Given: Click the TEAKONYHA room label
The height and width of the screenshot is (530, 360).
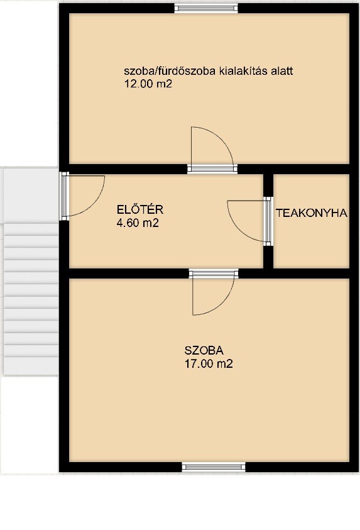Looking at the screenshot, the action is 312,213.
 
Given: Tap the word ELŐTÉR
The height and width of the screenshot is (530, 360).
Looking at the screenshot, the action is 140,209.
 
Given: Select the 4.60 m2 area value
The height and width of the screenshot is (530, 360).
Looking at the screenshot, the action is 138,223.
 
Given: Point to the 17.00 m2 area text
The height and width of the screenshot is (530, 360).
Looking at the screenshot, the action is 209,363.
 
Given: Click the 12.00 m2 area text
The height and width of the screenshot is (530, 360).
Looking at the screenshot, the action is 148,84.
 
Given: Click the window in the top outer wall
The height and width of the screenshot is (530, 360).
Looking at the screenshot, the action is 206,8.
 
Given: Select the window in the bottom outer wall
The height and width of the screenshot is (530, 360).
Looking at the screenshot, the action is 214,467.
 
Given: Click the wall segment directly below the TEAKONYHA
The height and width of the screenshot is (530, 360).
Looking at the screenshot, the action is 311,273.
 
